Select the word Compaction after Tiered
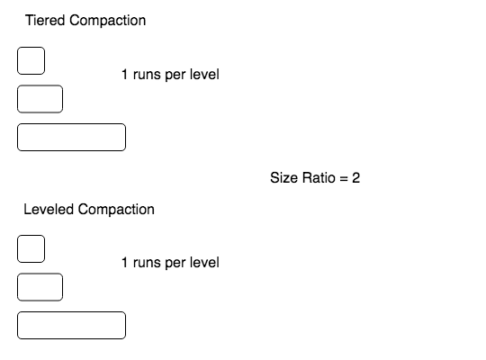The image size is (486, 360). coord(108,21)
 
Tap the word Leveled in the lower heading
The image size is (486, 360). coord(49,210)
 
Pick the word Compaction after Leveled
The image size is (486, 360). coord(116,210)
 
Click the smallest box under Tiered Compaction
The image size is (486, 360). coord(31,61)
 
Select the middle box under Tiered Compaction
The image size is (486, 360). coord(40,99)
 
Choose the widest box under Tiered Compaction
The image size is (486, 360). coord(72,137)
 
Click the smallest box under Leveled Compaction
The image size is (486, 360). coord(31,248)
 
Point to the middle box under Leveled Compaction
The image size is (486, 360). coord(40,287)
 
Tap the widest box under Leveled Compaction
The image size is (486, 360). coord(72,325)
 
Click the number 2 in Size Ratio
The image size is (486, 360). coord(355,177)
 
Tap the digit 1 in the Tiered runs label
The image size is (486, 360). coord(124,75)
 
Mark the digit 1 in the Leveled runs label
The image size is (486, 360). coord(124,262)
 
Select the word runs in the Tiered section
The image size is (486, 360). coord(147,76)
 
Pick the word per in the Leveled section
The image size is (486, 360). coord(175,265)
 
